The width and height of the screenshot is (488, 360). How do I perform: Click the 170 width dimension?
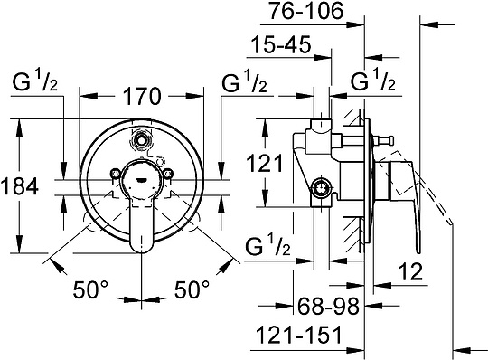pos(142,96)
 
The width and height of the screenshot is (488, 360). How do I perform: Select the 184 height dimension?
pos(19,186)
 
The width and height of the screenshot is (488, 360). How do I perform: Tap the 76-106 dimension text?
pos(306,11)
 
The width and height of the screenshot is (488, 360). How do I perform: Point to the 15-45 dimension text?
pos(281,44)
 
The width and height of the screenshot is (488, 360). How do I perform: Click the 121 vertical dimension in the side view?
pos(265,163)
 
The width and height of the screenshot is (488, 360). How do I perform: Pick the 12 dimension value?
pos(411,271)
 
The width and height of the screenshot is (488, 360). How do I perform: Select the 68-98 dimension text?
pos(329,306)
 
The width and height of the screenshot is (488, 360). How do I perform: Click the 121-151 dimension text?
pos(298,335)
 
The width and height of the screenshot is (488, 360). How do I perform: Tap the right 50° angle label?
pos(192,289)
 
